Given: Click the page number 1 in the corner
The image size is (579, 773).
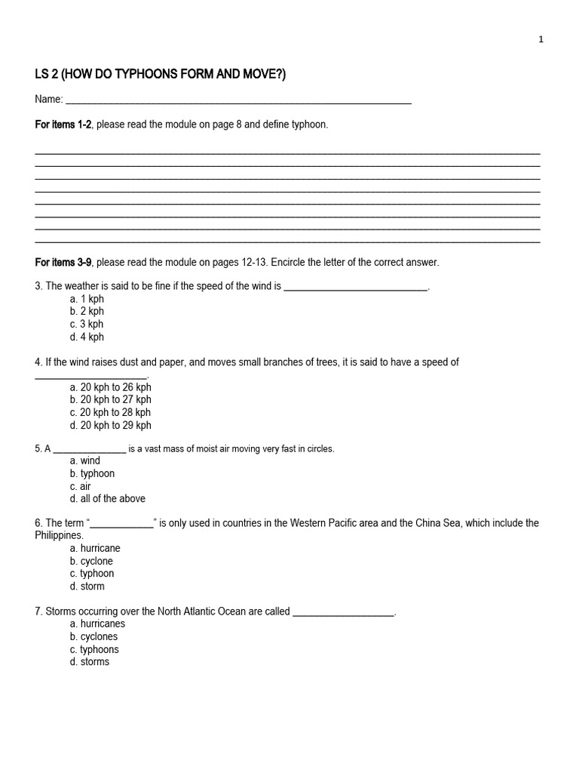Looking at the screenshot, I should pos(541,40).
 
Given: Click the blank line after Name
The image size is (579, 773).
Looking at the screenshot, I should pos(238,101).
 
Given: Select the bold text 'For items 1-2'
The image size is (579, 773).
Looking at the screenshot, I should pos(63,125).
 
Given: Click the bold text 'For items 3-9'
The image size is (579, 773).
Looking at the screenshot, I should pos(63,262).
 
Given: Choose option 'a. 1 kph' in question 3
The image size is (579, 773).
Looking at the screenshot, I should pos(87,299).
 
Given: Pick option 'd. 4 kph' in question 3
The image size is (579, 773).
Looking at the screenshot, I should pos(87,337).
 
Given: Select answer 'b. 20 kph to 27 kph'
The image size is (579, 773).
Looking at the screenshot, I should pos(110,399).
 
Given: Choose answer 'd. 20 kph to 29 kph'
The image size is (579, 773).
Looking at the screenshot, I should pos(110,425).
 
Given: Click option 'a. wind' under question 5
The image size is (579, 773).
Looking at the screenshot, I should pos(85,460).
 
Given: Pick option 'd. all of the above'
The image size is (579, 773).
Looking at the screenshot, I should pos(108,498).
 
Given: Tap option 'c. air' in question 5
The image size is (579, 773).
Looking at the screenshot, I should pos(80,486).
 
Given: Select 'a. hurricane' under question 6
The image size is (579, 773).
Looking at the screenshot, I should pos(95,548).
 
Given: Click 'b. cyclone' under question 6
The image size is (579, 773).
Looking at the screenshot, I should pos(91,561).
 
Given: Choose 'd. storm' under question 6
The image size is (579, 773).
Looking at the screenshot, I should pos(87,586).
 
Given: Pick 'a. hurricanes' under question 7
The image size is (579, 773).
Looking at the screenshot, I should pos(97,624).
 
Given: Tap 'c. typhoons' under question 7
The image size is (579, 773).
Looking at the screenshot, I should pos(94,649).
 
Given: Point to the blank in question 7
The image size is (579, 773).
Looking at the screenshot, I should pos(343,613).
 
